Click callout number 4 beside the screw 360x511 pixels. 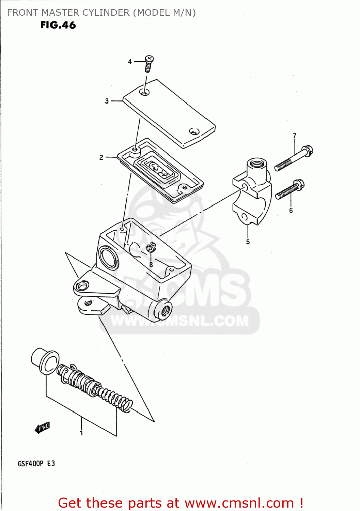point(130,62)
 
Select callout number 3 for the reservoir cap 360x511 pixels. point(107,101)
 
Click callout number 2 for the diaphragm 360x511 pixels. point(101,157)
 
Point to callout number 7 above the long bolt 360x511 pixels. point(295,136)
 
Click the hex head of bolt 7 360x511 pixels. point(307,151)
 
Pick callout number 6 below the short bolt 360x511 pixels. point(291,211)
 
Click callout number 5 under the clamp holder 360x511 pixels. point(248,242)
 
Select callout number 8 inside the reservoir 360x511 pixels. point(151,264)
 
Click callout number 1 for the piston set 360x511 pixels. point(81,433)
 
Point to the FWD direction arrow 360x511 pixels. point(42,428)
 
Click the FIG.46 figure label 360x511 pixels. point(58,25)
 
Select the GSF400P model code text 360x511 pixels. point(31,464)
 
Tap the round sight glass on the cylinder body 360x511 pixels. point(108,257)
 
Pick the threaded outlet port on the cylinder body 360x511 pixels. point(165,310)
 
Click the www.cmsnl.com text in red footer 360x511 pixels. point(239,503)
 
